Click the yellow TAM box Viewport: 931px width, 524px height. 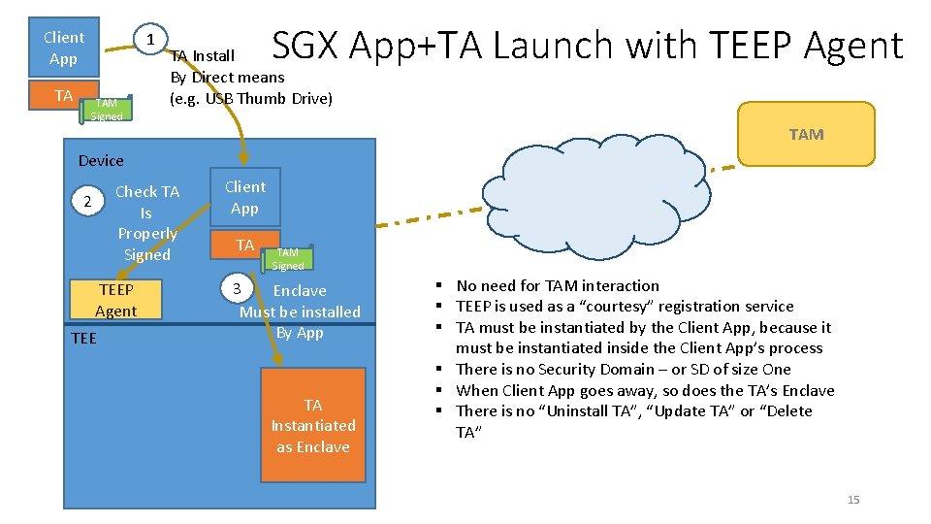806,134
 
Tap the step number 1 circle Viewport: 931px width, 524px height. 150,41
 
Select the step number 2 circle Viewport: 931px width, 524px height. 87,202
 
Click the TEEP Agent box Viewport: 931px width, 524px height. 115,300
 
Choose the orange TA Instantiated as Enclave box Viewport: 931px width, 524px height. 312,425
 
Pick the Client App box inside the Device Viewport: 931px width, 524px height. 244,197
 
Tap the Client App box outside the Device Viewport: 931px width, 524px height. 64,48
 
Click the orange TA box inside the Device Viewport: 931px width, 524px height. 244,246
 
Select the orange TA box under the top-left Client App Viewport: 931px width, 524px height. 64,95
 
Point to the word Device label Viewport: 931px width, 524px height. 101,160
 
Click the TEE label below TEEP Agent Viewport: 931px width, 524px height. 84,338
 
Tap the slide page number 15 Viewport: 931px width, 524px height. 853,500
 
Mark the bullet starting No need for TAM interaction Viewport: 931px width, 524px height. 558,285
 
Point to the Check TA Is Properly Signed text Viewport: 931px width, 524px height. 147,223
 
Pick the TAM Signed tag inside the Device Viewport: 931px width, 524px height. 288,258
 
